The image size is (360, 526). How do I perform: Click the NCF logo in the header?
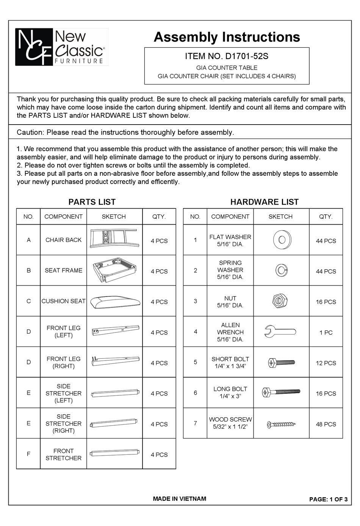[34, 47]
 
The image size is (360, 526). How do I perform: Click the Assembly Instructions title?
[227, 37]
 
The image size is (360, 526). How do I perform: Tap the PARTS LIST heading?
[92, 202]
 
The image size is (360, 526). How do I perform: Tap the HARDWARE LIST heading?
[264, 202]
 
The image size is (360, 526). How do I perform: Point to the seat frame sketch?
[114, 270]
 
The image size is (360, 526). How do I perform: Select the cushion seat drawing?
[114, 301]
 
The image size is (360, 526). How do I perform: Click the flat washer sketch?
[281, 240]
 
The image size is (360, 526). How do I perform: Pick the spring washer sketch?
[281, 270]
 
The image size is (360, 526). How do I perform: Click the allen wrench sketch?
[280, 332]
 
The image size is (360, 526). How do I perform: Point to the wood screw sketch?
[281, 424]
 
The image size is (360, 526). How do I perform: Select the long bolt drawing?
[281, 392]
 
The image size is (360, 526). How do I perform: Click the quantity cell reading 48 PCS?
[326, 424]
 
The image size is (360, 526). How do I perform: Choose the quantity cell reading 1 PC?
[326, 332]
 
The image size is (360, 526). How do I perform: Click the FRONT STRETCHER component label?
[63, 454]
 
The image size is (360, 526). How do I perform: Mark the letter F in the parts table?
[28, 454]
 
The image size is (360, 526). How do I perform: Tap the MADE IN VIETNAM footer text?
[180, 499]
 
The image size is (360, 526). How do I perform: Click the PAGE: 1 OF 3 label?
[328, 499]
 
